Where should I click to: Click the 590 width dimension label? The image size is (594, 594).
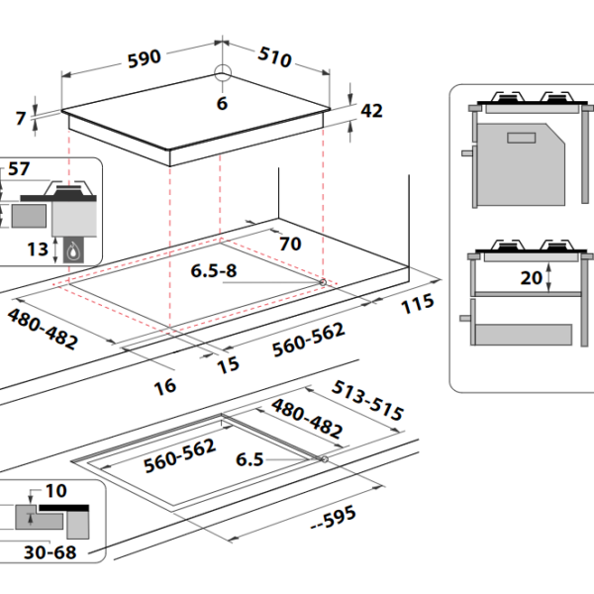145,59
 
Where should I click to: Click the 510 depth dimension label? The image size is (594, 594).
274,57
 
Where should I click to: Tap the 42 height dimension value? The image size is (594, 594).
371,111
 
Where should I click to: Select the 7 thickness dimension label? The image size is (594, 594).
21,118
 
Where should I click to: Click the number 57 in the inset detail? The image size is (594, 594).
19,168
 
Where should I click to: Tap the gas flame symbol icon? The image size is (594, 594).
73,250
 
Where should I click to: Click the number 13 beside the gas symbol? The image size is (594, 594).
38,249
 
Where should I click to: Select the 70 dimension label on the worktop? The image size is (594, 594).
290,244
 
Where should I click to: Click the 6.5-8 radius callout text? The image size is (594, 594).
214,270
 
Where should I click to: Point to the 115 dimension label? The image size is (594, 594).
418,304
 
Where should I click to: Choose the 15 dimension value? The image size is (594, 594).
228,365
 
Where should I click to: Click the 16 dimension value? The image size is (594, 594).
165,387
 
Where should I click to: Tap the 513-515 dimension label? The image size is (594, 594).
367,400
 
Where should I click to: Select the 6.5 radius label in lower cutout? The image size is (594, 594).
249,459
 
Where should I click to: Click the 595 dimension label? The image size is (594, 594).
334,517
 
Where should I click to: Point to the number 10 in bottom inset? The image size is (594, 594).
56,491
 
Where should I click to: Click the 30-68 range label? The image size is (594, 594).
50,552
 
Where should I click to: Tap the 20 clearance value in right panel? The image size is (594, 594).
531,278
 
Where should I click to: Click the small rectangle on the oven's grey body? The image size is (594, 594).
522,138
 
